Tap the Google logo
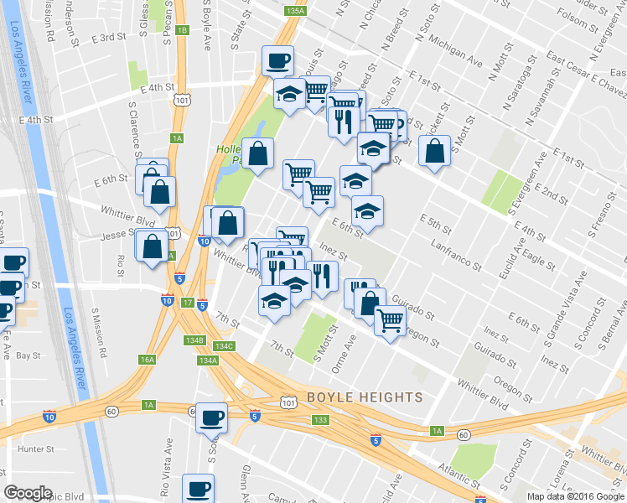pos(28,493)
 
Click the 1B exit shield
pos(182,30)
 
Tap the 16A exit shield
pos(148,359)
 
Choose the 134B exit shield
pos(194,340)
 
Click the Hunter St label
pos(35,449)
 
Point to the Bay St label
pos(28,355)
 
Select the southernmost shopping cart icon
pos(390,320)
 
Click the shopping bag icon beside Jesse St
pos(152,248)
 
